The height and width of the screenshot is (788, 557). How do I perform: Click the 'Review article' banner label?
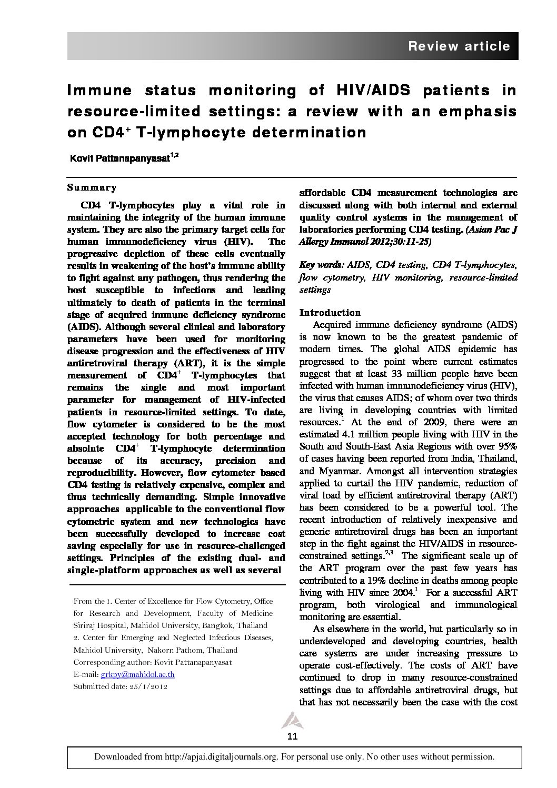459,46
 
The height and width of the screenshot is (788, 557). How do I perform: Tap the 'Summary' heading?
92,187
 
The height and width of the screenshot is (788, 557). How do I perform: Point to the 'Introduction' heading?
330,312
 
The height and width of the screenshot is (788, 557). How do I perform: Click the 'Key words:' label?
321,265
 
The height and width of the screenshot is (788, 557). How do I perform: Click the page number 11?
293,736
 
